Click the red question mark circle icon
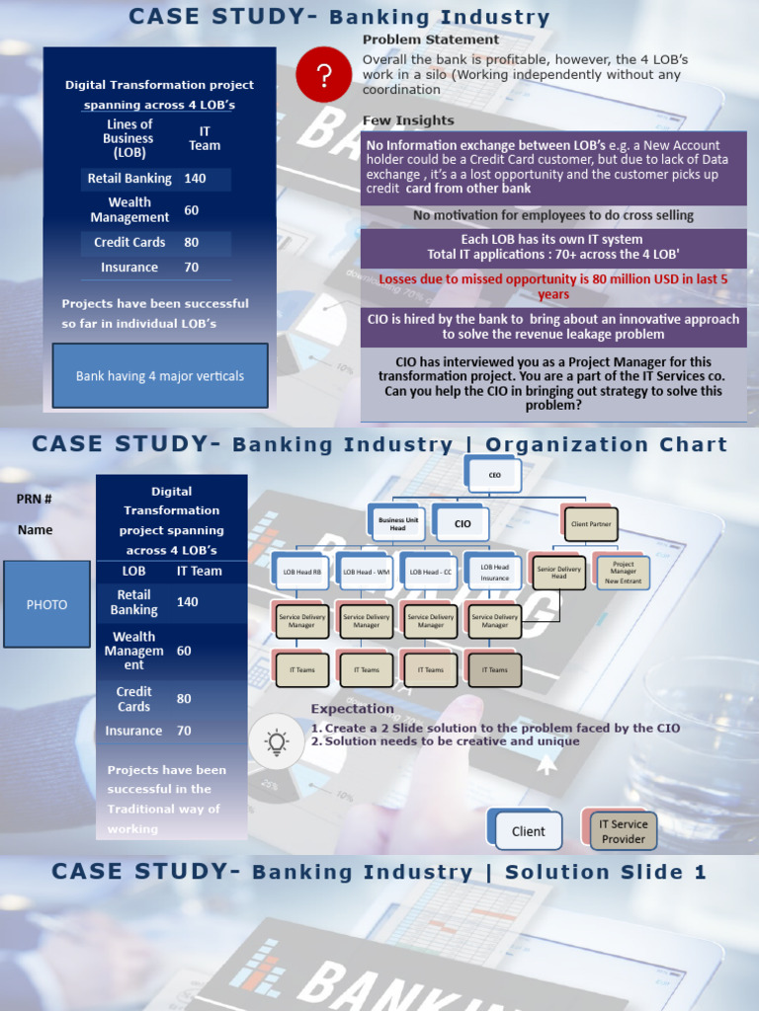(324, 74)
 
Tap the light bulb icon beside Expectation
(277, 741)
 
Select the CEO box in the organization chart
(494, 474)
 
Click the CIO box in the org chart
(463, 523)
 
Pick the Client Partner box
(592, 524)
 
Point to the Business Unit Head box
(397, 524)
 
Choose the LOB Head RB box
(302, 572)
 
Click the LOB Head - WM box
(367, 572)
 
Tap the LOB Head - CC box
(431, 572)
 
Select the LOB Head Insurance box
(494, 572)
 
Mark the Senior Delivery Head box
(559, 572)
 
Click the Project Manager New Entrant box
(623, 572)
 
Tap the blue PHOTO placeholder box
(46, 604)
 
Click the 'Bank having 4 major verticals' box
(160, 375)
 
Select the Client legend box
(528, 831)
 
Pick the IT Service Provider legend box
(624, 831)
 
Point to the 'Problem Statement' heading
(430, 39)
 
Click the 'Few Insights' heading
(408, 120)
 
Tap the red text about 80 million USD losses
(553, 286)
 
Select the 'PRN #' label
(35, 499)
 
